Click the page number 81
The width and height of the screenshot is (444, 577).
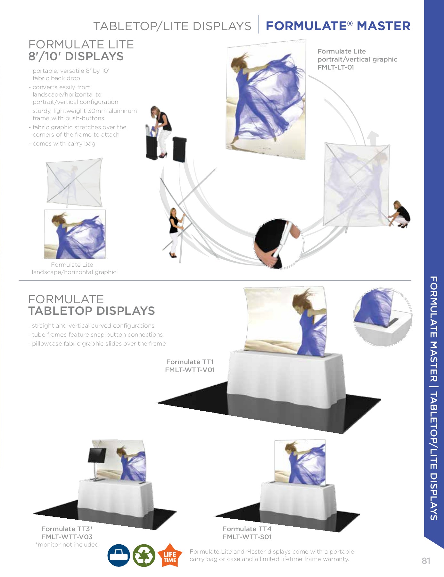point(426,561)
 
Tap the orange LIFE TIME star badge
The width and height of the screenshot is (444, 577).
point(170,556)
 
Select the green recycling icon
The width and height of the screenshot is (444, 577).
point(144,556)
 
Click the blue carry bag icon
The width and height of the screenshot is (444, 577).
point(119,556)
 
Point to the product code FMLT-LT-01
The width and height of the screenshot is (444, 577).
point(335,67)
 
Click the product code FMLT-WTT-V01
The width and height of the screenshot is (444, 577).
point(190,370)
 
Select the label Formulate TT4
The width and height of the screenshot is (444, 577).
point(247,529)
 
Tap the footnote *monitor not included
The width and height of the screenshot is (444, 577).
point(67,545)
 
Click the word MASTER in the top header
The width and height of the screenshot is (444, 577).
point(383,26)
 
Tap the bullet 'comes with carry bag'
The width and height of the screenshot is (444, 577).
point(64,144)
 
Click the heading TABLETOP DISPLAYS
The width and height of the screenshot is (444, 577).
point(91,311)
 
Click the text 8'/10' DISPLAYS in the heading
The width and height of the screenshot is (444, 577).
point(76,56)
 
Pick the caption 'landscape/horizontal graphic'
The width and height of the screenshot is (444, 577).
point(74,272)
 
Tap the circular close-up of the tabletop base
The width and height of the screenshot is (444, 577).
point(382,317)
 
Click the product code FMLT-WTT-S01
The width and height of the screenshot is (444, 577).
point(247,537)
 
